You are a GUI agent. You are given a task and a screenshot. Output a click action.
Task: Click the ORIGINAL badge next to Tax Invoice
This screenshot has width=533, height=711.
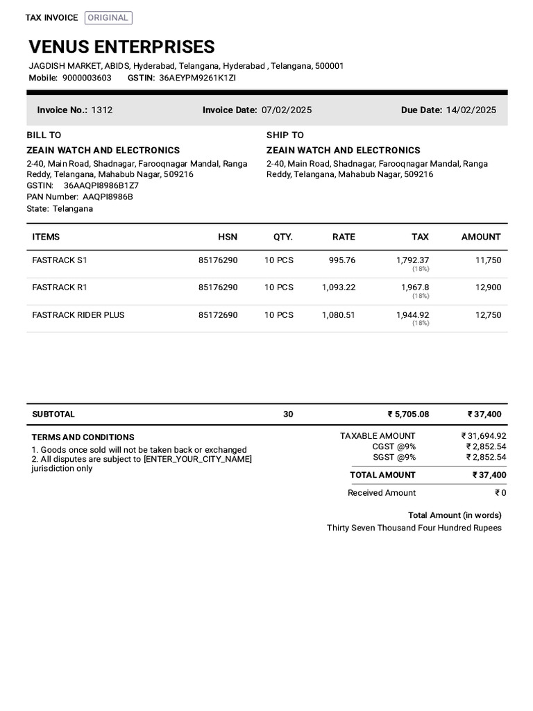(x=108, y=18)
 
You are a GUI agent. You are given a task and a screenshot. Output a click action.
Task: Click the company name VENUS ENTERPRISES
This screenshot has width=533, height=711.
(x=121, y=47)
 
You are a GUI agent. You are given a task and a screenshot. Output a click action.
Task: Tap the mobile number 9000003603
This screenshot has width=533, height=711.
(x=87, y=78)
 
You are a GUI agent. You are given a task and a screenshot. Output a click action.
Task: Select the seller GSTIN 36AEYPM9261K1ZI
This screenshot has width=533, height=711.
(x=197, y=78)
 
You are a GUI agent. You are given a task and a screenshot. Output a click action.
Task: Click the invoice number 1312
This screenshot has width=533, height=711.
(x=102, y=110)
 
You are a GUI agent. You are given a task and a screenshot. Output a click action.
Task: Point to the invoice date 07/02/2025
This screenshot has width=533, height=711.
(x=286, y=110)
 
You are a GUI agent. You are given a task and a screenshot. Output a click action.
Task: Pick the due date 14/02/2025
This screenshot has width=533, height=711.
(x=471, y=110)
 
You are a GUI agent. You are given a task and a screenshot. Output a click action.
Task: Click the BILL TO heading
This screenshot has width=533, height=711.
(x=44, y=135)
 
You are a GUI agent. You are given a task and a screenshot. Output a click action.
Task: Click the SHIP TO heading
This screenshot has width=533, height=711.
(x=285, y=135)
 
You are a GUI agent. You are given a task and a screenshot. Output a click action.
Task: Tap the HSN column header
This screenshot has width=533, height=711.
(x=227, y=237)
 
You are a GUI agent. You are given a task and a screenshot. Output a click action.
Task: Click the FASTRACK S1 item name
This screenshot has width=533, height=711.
(x=60, y=260)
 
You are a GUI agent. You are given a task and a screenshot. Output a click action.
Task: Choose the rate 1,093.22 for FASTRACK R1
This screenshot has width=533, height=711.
(x=338, y=287)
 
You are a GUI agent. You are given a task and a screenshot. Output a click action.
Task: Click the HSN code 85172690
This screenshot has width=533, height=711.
(x=217, y=315)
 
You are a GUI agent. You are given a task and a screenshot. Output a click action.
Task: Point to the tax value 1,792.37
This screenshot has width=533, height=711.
(x=412, y=260)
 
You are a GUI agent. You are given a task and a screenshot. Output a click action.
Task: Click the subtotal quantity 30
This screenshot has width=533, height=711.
(x=288, y=414)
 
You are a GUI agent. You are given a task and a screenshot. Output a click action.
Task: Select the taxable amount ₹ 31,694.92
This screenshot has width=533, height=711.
(x=484, y=436)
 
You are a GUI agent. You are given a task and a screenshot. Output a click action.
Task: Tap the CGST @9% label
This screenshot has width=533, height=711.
(x=394, y=446)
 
